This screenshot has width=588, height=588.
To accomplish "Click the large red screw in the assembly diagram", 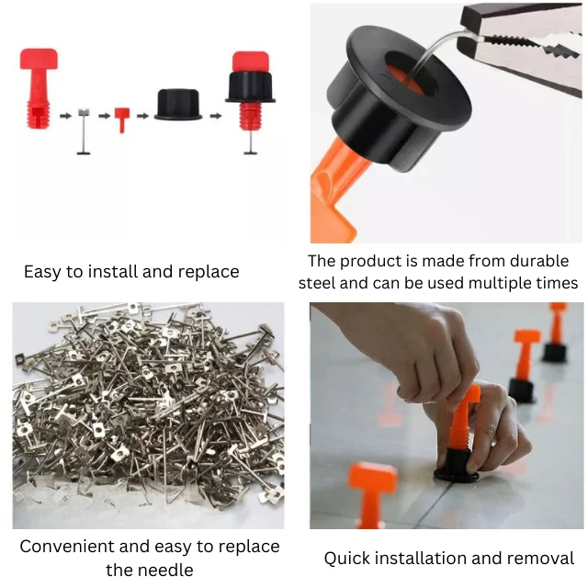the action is coord(38,88).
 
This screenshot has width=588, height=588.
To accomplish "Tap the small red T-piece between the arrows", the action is coord(122,119).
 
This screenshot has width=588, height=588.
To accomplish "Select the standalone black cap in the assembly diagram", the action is coord(177,105).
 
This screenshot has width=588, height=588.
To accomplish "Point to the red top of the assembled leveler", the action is coord(251,62).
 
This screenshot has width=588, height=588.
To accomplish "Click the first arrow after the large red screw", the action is coord(65,116).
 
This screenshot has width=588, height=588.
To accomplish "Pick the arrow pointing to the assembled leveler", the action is coord(216,116).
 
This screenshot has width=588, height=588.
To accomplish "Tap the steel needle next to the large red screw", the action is coord(84,131).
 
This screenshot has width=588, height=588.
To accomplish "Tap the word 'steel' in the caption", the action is coord(317,283).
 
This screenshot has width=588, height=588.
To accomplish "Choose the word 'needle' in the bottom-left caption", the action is coord(149,571).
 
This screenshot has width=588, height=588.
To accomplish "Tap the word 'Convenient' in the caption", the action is coord(66,547).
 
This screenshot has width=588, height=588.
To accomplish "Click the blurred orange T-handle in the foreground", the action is coord(371,495).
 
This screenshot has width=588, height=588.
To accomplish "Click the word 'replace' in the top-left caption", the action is coord(209,272).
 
